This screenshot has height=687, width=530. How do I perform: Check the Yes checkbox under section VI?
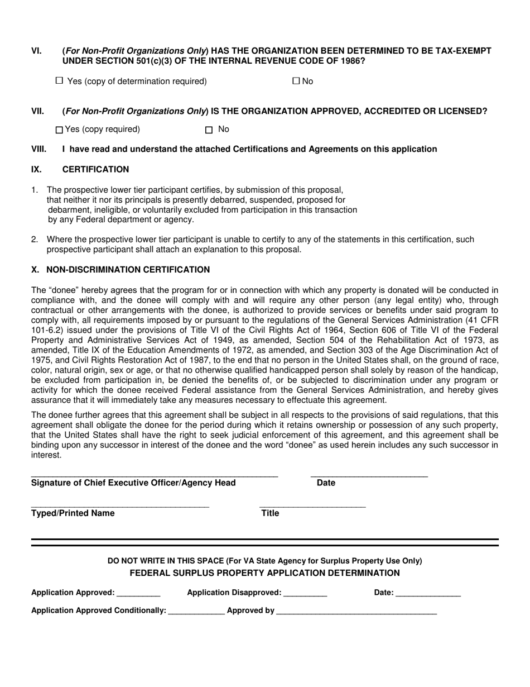click(60, 81)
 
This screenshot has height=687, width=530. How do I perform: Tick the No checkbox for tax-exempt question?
click(296, 81)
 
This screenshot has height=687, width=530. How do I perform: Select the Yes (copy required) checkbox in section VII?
click(60, 130)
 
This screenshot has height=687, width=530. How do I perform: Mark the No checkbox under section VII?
click(209, 130)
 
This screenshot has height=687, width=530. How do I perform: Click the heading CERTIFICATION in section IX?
click(95, 169)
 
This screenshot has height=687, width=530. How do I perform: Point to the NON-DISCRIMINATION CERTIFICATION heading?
click(128, 270)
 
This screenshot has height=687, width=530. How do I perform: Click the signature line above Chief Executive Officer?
click(154, 475)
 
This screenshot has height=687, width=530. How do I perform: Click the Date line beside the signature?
click(369, 475)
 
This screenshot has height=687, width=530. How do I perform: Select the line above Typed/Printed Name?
click(120, 505)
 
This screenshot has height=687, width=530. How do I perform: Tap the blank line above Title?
click(312, 505)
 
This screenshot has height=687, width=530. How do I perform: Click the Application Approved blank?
click(139, 594)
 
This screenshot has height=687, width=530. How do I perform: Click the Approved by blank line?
click(356, 612)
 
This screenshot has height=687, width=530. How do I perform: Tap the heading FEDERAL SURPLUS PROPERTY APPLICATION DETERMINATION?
click(264, 573)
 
